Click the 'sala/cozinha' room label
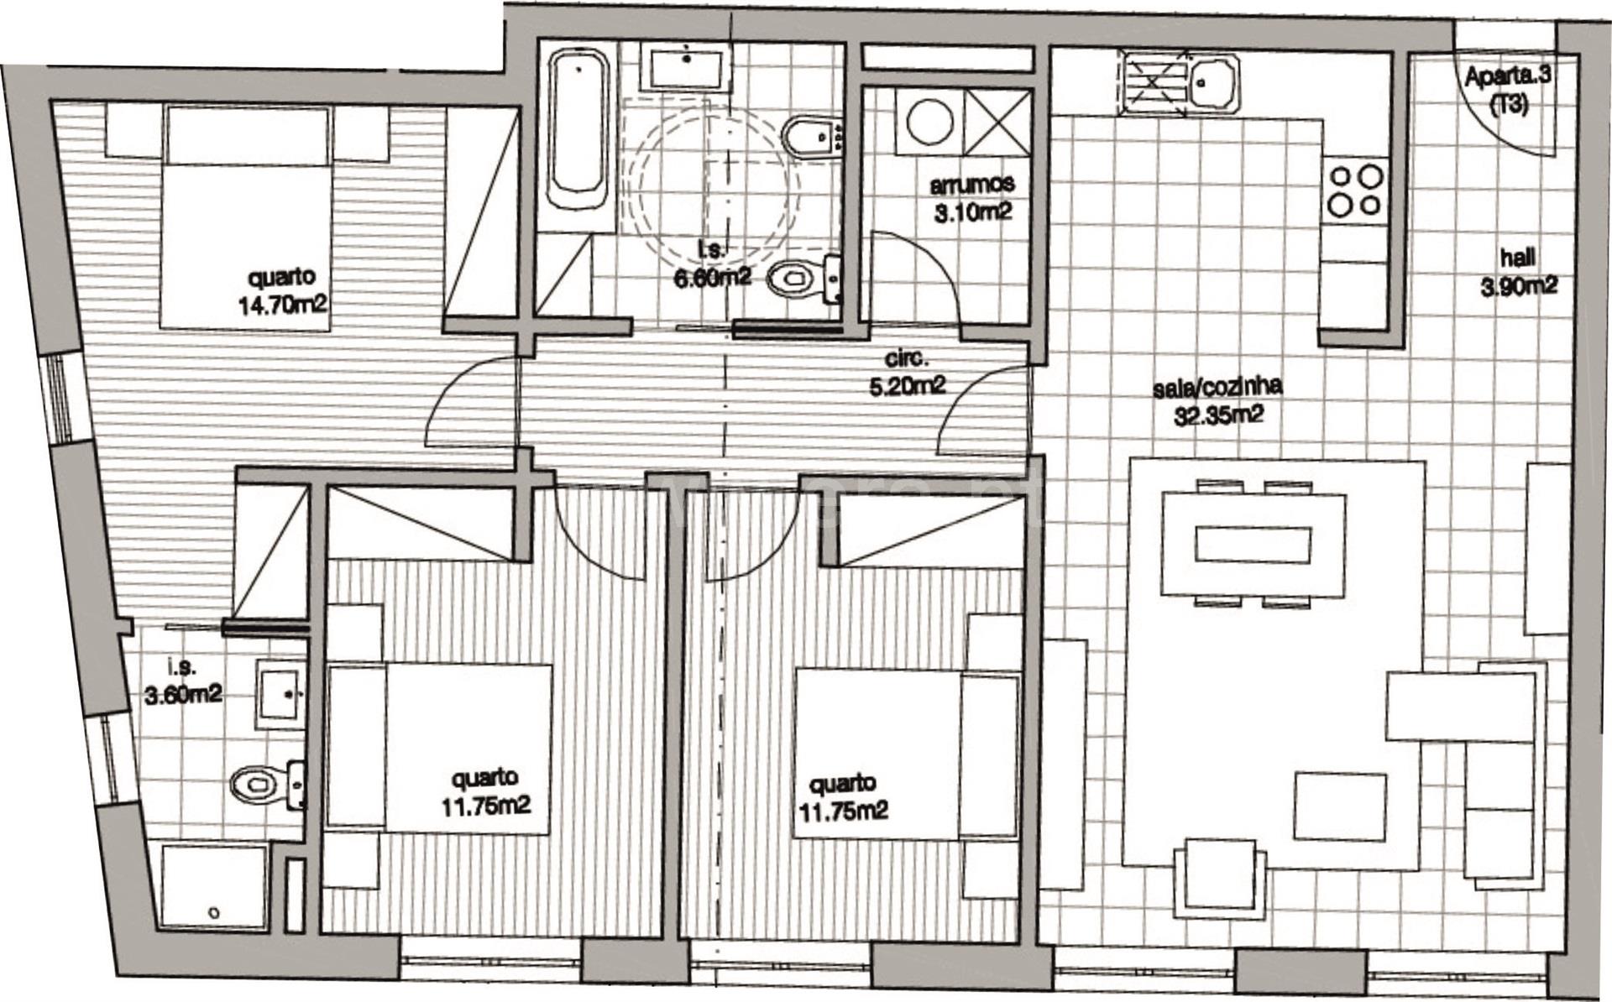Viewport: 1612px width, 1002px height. click(x=1218, y=388)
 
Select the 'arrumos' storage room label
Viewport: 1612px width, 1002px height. click(x=973, y=184)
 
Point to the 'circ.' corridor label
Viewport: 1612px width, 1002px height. click(x=907, y=358)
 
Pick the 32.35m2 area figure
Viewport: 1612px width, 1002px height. click(x=1219, y=415)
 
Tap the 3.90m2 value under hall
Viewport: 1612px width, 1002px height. click(x=1518, y=286)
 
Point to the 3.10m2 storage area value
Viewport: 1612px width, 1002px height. click(x=973, y=211)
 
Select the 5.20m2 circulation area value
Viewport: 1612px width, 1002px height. click(x=907, y=385)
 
